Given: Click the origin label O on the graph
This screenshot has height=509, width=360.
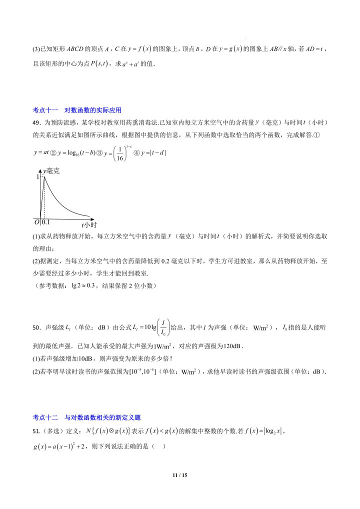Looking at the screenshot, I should (36, 221).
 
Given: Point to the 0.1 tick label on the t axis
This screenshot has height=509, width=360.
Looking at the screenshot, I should (45, 221).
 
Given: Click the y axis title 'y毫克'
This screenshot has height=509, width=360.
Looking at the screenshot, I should (51, 171).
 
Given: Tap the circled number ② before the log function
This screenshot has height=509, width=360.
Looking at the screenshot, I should (58, 152).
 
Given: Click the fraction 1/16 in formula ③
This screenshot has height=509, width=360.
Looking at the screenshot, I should (120, 152).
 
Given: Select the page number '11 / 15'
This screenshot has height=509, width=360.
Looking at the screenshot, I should (179, 475).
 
